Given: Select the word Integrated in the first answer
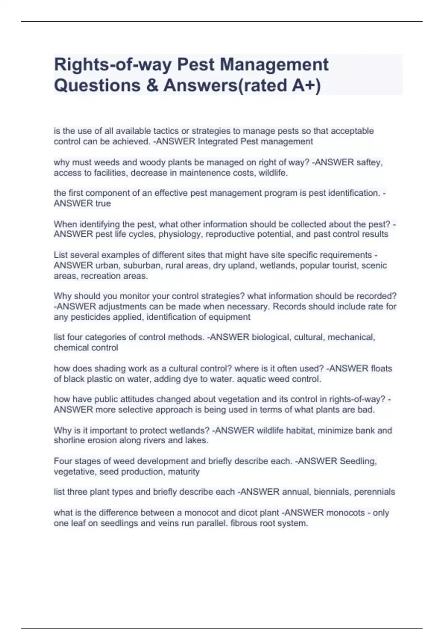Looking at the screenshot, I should coord(218,141).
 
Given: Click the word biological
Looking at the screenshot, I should coord(271,337).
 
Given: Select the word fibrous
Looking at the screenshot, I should coord(245,523).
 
